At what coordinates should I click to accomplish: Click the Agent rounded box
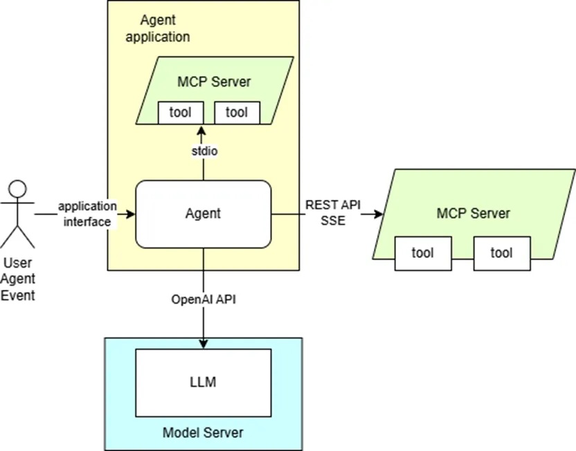click(x=203, y=214)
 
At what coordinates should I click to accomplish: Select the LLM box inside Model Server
click(x=203, y=381)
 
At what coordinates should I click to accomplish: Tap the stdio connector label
click(x=202, y=151)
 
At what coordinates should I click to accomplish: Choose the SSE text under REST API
click(x=332, y=221)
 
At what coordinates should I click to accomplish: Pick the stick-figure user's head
click(x=17, y=189)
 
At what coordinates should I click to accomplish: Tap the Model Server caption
click(x=203, y=432)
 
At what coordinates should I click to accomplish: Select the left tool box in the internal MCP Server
click(x=181, y=113)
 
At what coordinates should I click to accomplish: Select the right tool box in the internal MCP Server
click(x=237, y=113)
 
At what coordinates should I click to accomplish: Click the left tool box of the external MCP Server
click(x=422, y=253)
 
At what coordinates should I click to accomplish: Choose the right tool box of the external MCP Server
click(x=501, y=253)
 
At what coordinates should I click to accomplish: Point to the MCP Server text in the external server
click(x=474, y=213)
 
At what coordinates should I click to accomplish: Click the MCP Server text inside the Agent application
click(x=215, y=82)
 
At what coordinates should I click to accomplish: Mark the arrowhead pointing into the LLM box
click(x=203, y=344)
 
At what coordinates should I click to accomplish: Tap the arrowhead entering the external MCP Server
click(x=378, y=214)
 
